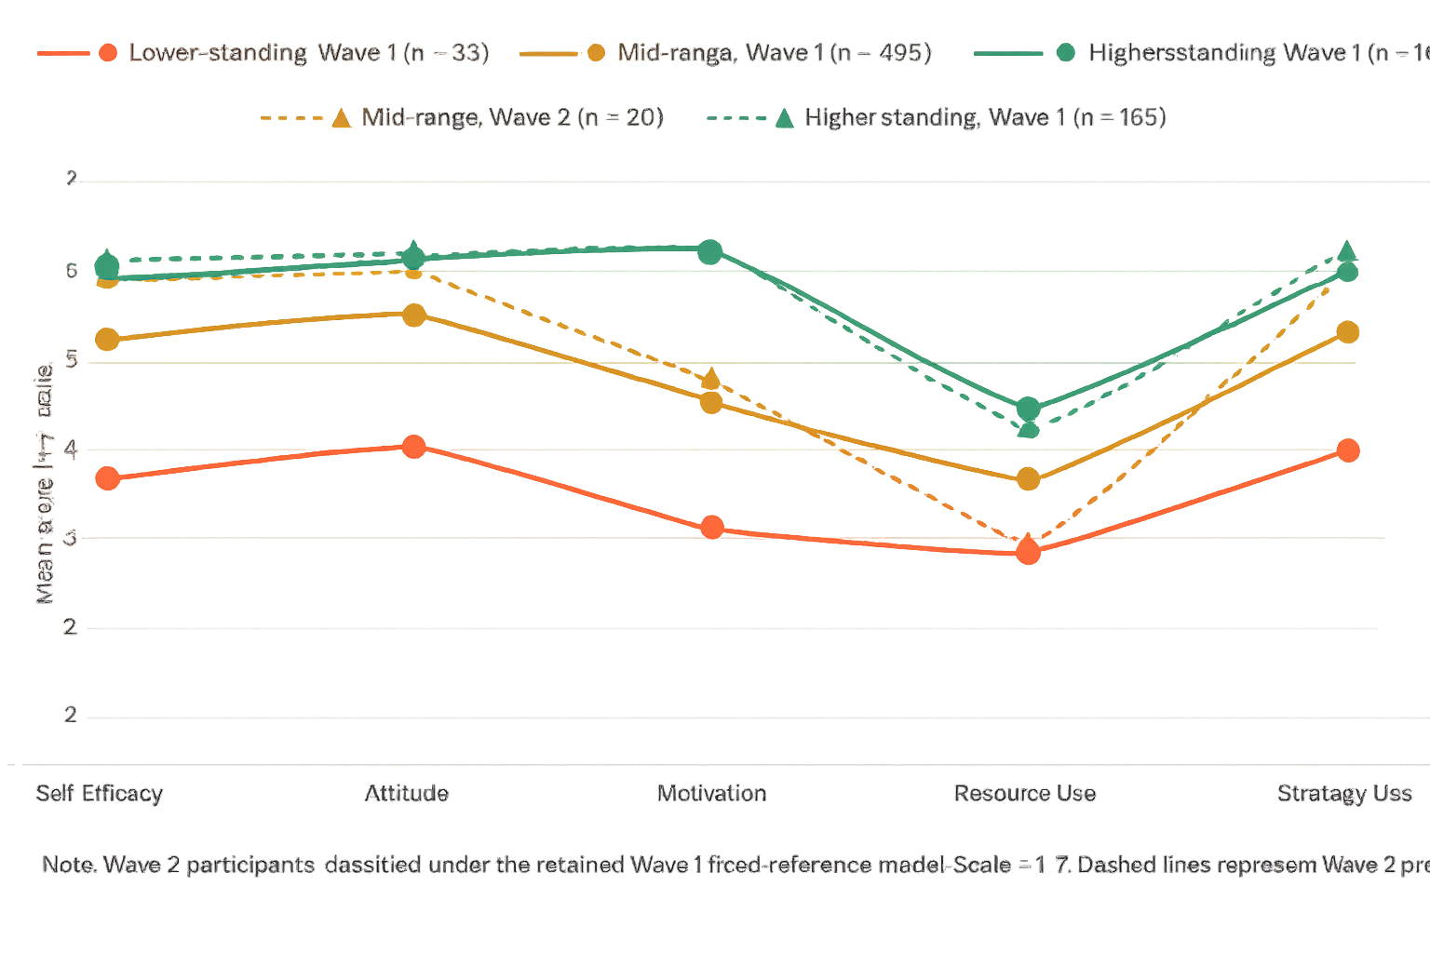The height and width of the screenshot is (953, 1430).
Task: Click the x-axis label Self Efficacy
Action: pyautogui.click(x=100, y=794)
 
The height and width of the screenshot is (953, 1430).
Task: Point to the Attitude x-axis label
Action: pyautogui.click(x=407, y=794)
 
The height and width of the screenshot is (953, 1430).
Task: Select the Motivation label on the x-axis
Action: pyautogui.click(x=712, y=794)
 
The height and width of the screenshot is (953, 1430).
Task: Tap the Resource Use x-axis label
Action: pyautogui.click(x=1025, y=794)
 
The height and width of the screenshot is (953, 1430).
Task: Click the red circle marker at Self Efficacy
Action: pyautogui.click(x=107, y=478)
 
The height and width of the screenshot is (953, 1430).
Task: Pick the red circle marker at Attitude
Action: pyautogui.click(x=413, y=447)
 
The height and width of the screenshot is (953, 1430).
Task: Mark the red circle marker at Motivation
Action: pyautogui.click(x=712, y=528)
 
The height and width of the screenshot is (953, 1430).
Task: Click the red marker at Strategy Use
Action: pyautogui.click(x=1347, y=450)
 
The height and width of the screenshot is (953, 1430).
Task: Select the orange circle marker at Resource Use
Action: pyautogui.click(x=1028, y=479)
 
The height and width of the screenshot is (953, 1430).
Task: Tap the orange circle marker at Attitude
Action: pyautogui.click(x=413, y=315)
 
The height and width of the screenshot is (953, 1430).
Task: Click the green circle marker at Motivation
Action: pyautogui.click(x=709, y=251)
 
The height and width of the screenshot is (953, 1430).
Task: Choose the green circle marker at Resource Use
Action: pyautogui.click(x=1028, y=409)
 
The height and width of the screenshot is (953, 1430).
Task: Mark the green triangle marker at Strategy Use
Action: pyautogui.click(x=1346, y=251)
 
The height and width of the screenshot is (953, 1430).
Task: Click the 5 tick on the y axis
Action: pyautogui.click(x=71, y=360)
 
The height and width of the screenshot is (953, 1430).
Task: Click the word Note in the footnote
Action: pyautogui.click(x=69, y=865)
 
